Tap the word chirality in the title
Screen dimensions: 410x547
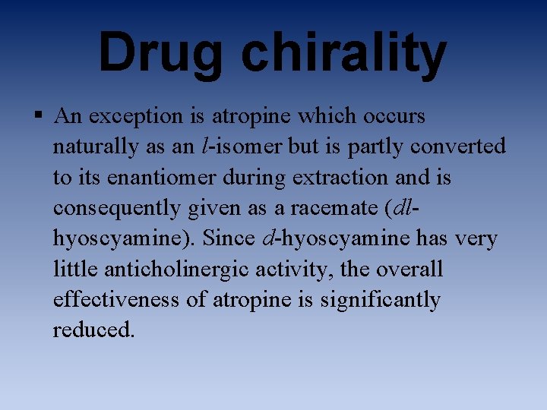[344, 53]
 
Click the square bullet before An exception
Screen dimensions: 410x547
[37, 116]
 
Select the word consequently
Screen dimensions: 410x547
[114, 208]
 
